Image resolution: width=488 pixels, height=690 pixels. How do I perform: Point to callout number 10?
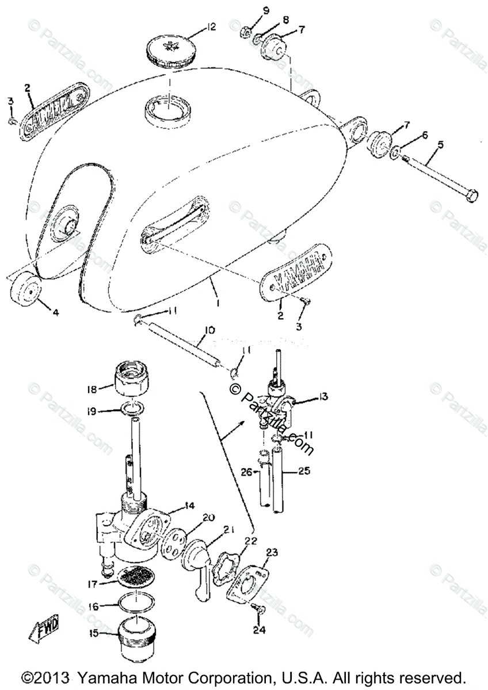coord(209,330)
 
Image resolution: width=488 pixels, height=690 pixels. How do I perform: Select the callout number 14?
coord(190,505)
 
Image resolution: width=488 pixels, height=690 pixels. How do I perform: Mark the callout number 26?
coord(246,472)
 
